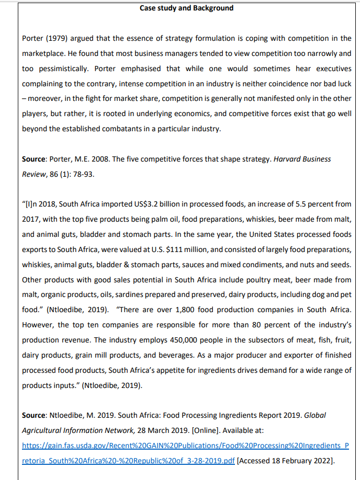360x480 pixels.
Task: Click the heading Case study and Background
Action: point(187,8)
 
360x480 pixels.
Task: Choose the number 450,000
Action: point(147,340)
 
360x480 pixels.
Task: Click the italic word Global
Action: point(314,415)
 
